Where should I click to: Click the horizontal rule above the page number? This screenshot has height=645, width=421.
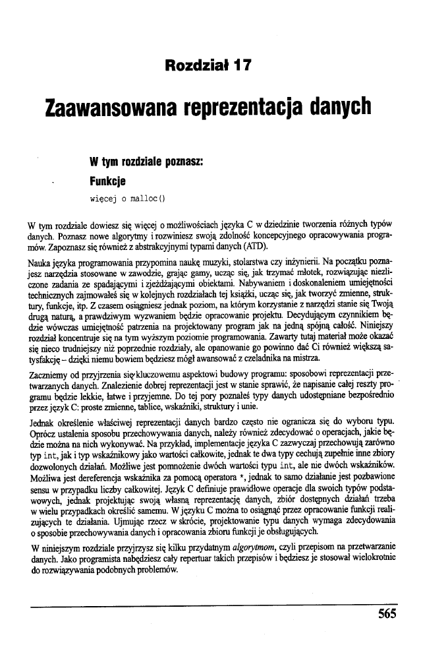pyautogui.click(x=217, y=601)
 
